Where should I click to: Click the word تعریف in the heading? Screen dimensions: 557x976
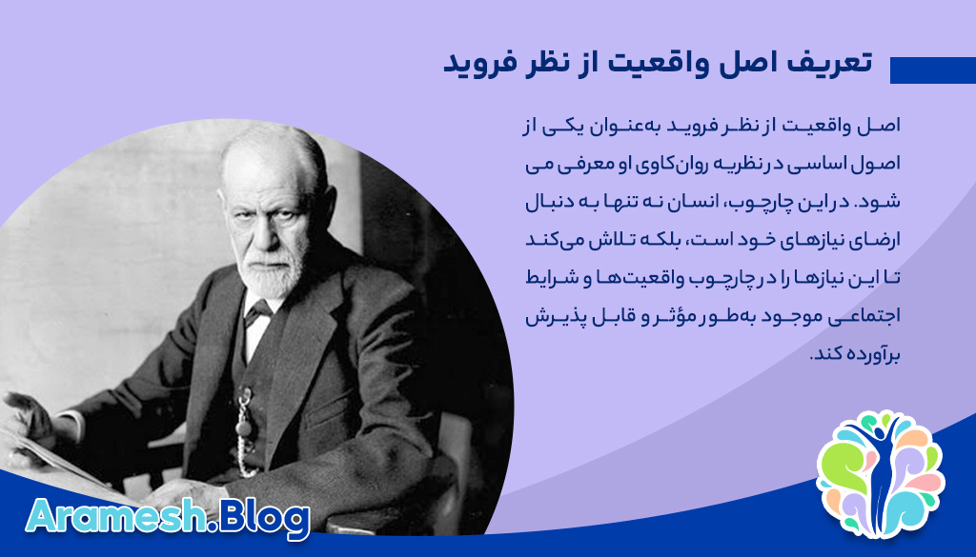tap(827, 63)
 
